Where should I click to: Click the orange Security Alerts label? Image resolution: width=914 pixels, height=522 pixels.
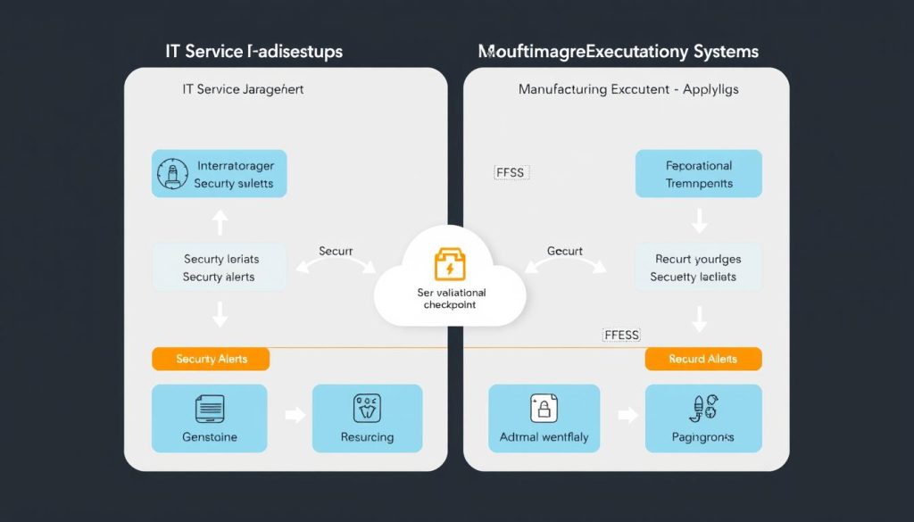point(211,359)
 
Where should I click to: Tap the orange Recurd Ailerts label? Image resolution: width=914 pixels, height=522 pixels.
point(702,359)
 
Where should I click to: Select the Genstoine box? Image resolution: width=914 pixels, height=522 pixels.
point(209,418)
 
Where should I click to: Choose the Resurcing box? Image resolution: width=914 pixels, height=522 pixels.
point(367,418)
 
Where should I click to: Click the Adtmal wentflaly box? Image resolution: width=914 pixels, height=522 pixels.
point(544,418)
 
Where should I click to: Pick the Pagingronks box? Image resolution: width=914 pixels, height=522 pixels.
point(702,418)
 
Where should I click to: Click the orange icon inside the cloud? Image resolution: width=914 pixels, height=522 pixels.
point(449,265)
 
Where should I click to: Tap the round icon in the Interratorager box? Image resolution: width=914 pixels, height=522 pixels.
point(173,173)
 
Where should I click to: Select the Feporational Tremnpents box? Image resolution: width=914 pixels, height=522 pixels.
point(698,173)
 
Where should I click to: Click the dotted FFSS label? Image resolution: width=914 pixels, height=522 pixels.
point(510,172)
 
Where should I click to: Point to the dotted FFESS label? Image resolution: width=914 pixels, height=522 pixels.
point(621,335)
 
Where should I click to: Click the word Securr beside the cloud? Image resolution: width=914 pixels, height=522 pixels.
point(336,251)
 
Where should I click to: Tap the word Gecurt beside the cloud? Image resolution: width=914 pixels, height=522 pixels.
point(564,251)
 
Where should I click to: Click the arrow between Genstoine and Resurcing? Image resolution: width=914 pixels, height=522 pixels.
point(294,415)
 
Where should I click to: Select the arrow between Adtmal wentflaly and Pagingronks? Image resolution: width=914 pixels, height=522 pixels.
point(628,415)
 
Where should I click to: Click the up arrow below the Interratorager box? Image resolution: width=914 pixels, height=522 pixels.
point(220,221)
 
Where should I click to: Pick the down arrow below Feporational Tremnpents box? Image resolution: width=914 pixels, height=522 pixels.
point(699,220)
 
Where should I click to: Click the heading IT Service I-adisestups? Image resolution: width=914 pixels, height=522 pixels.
point(253,51)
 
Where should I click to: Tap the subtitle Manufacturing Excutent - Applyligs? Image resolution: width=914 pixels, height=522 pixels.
point(628,89)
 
